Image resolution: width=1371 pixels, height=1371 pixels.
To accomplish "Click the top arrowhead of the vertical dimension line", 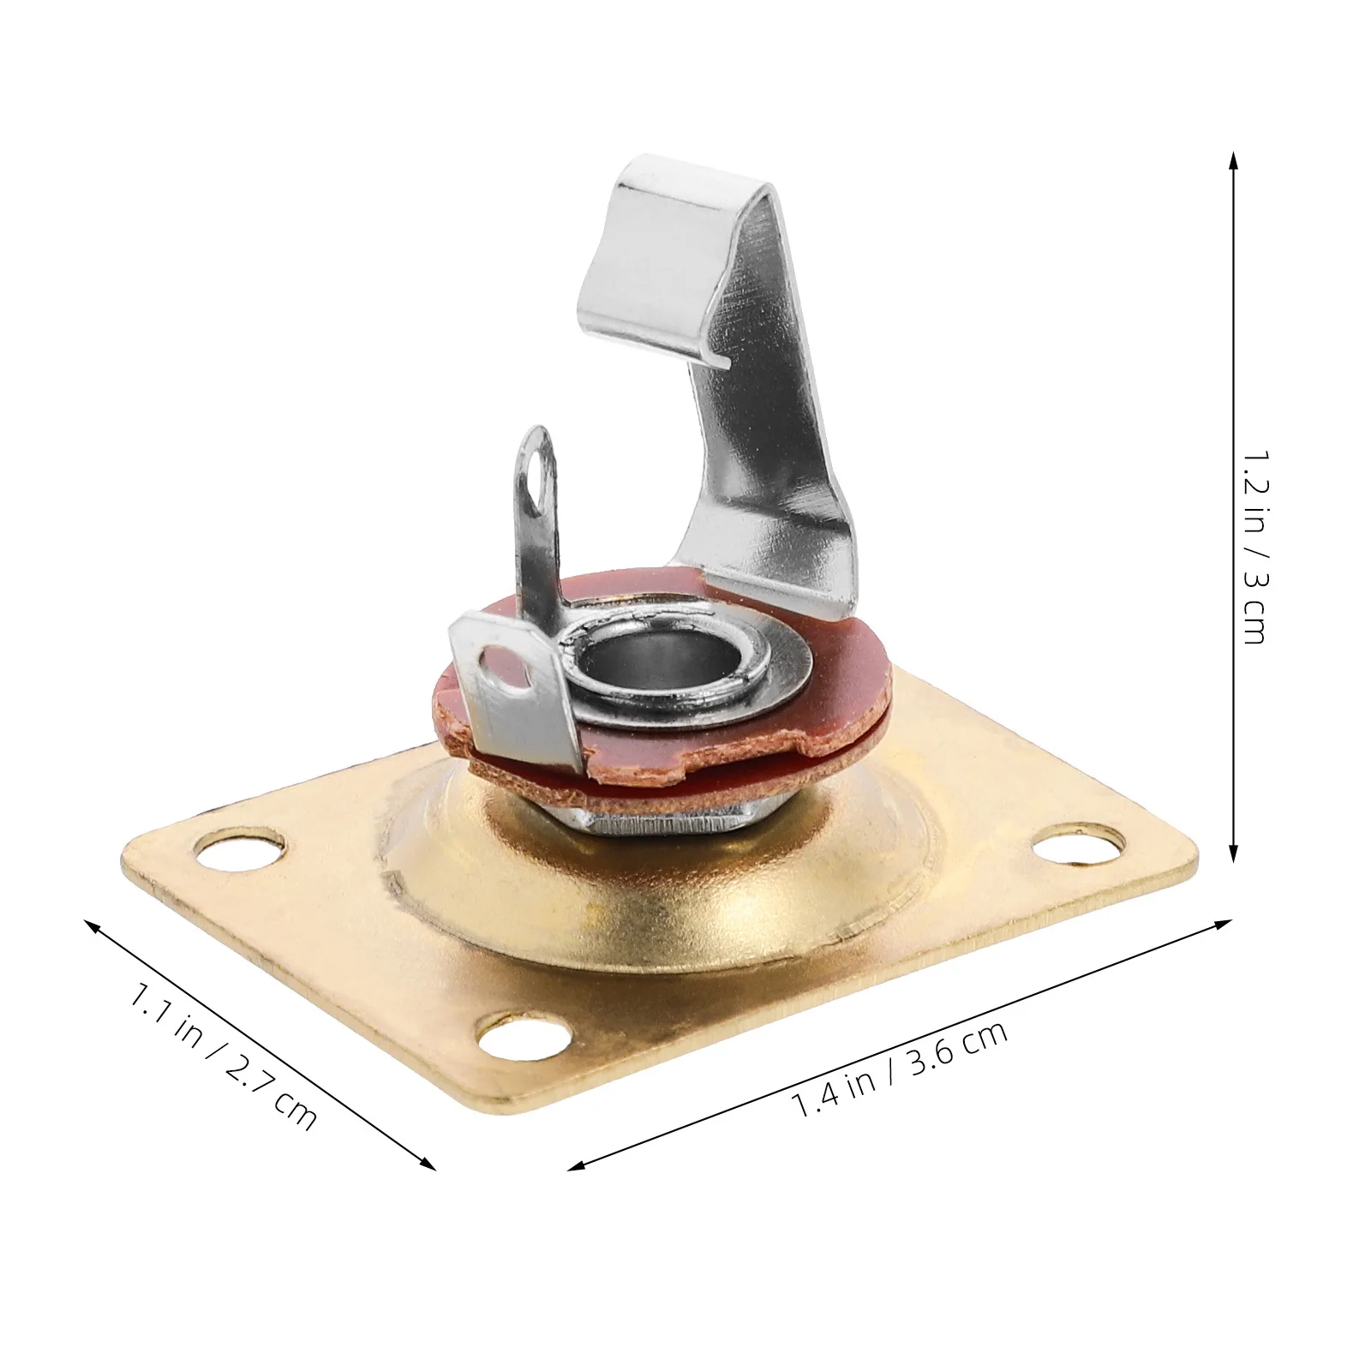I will [x=1233, y=159].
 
